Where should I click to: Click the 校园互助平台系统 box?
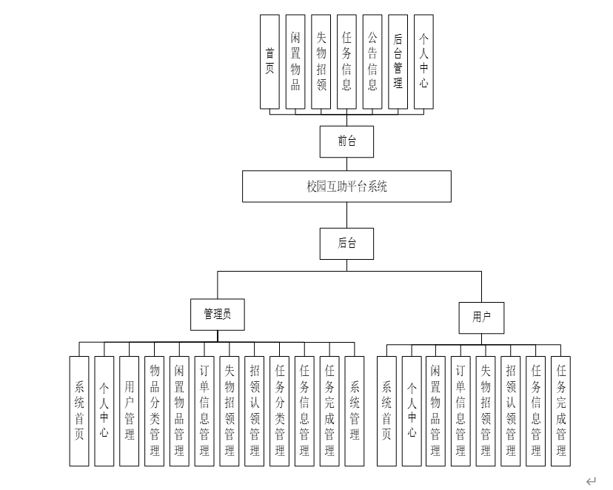346,187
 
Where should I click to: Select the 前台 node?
346,141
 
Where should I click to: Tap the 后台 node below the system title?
346,244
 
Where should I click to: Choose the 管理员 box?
217,314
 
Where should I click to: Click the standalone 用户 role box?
482,317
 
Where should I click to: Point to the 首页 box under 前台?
270,61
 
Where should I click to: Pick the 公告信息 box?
372,61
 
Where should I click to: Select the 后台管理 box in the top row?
398,61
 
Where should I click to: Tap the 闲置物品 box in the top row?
295,61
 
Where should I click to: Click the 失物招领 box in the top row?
321,61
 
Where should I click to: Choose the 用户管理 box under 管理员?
130,411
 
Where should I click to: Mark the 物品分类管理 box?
155,411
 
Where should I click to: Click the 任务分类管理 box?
280,411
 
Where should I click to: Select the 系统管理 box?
355,411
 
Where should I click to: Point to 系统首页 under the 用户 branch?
386,411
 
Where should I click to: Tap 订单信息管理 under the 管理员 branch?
204,411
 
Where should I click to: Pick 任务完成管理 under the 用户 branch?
561,411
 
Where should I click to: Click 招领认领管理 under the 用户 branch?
511,411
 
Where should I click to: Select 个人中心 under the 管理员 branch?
104,411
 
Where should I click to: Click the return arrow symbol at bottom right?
590,480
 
